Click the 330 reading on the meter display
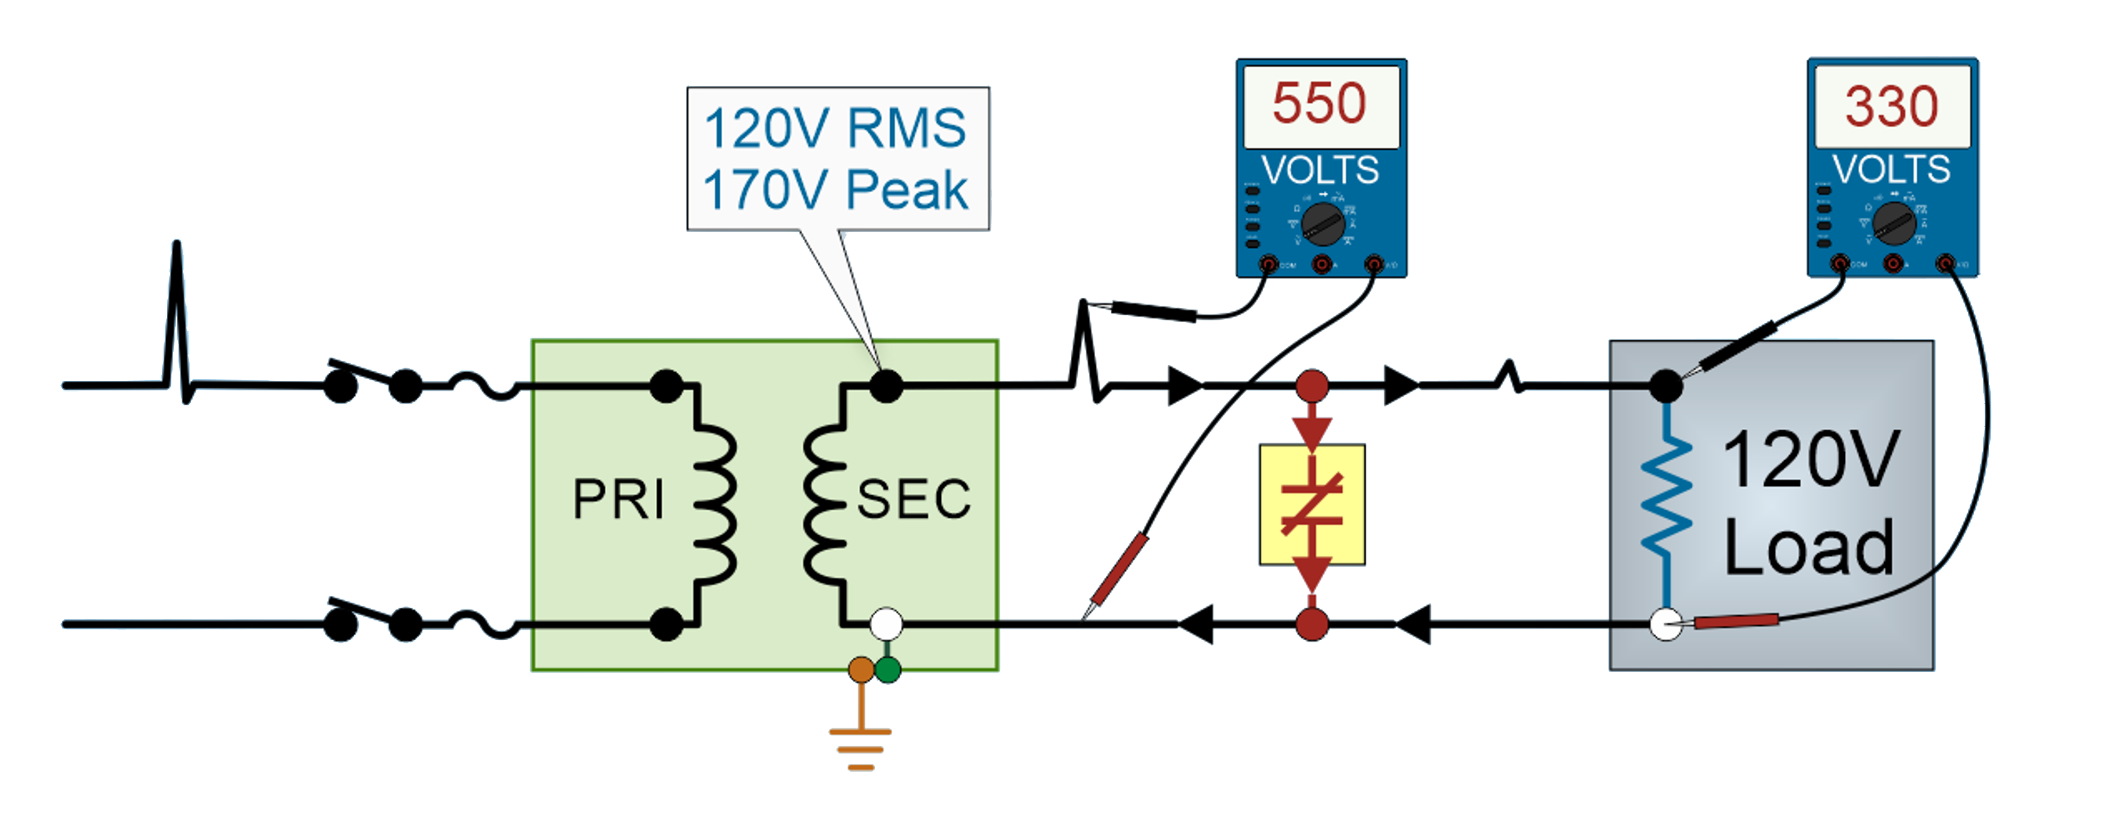point(1892,107)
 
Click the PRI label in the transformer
point(618,500)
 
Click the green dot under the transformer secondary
point(887,669)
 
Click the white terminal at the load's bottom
point(1666,625)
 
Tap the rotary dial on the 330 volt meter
point(1893,223)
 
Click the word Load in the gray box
point(1808,548)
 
